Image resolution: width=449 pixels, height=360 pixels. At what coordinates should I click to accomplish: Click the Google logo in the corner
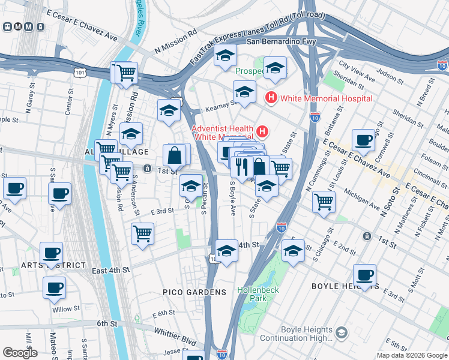[x=20, y=353]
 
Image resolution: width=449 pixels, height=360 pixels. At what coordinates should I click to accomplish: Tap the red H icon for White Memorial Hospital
[x=271, y=97]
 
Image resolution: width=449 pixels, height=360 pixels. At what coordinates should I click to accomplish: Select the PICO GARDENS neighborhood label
[x=202, y=292]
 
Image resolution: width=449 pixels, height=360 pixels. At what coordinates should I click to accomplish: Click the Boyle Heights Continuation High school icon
[x=341, y=332]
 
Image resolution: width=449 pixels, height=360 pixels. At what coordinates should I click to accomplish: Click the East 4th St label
[x=110, y=271]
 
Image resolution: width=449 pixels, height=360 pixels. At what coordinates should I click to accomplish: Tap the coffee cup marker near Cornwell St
[x=364, y=140]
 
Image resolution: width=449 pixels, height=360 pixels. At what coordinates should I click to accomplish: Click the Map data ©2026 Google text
[x=411, y=355]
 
